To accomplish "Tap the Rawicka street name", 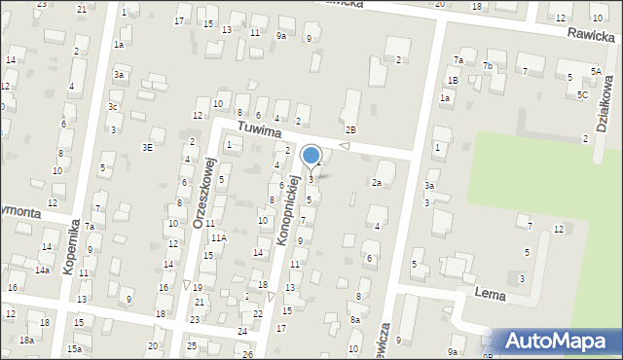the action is [x=594, y=36].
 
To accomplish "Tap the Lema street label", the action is [x=493, y=292].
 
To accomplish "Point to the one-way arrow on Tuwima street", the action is [x=344, y=146].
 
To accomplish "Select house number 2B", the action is [x=350, y=129].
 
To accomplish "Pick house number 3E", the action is [x=148, y=148].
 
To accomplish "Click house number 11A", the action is [x=219, y=237].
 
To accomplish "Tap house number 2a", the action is [x=376, y=182].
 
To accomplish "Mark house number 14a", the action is [x=43, y=270].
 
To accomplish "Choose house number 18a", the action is [x=26, y=340].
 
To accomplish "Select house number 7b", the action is [x=489, y=66].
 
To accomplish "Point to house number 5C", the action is [x=581, y=94].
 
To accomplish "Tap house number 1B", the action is [x=453, y=80].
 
